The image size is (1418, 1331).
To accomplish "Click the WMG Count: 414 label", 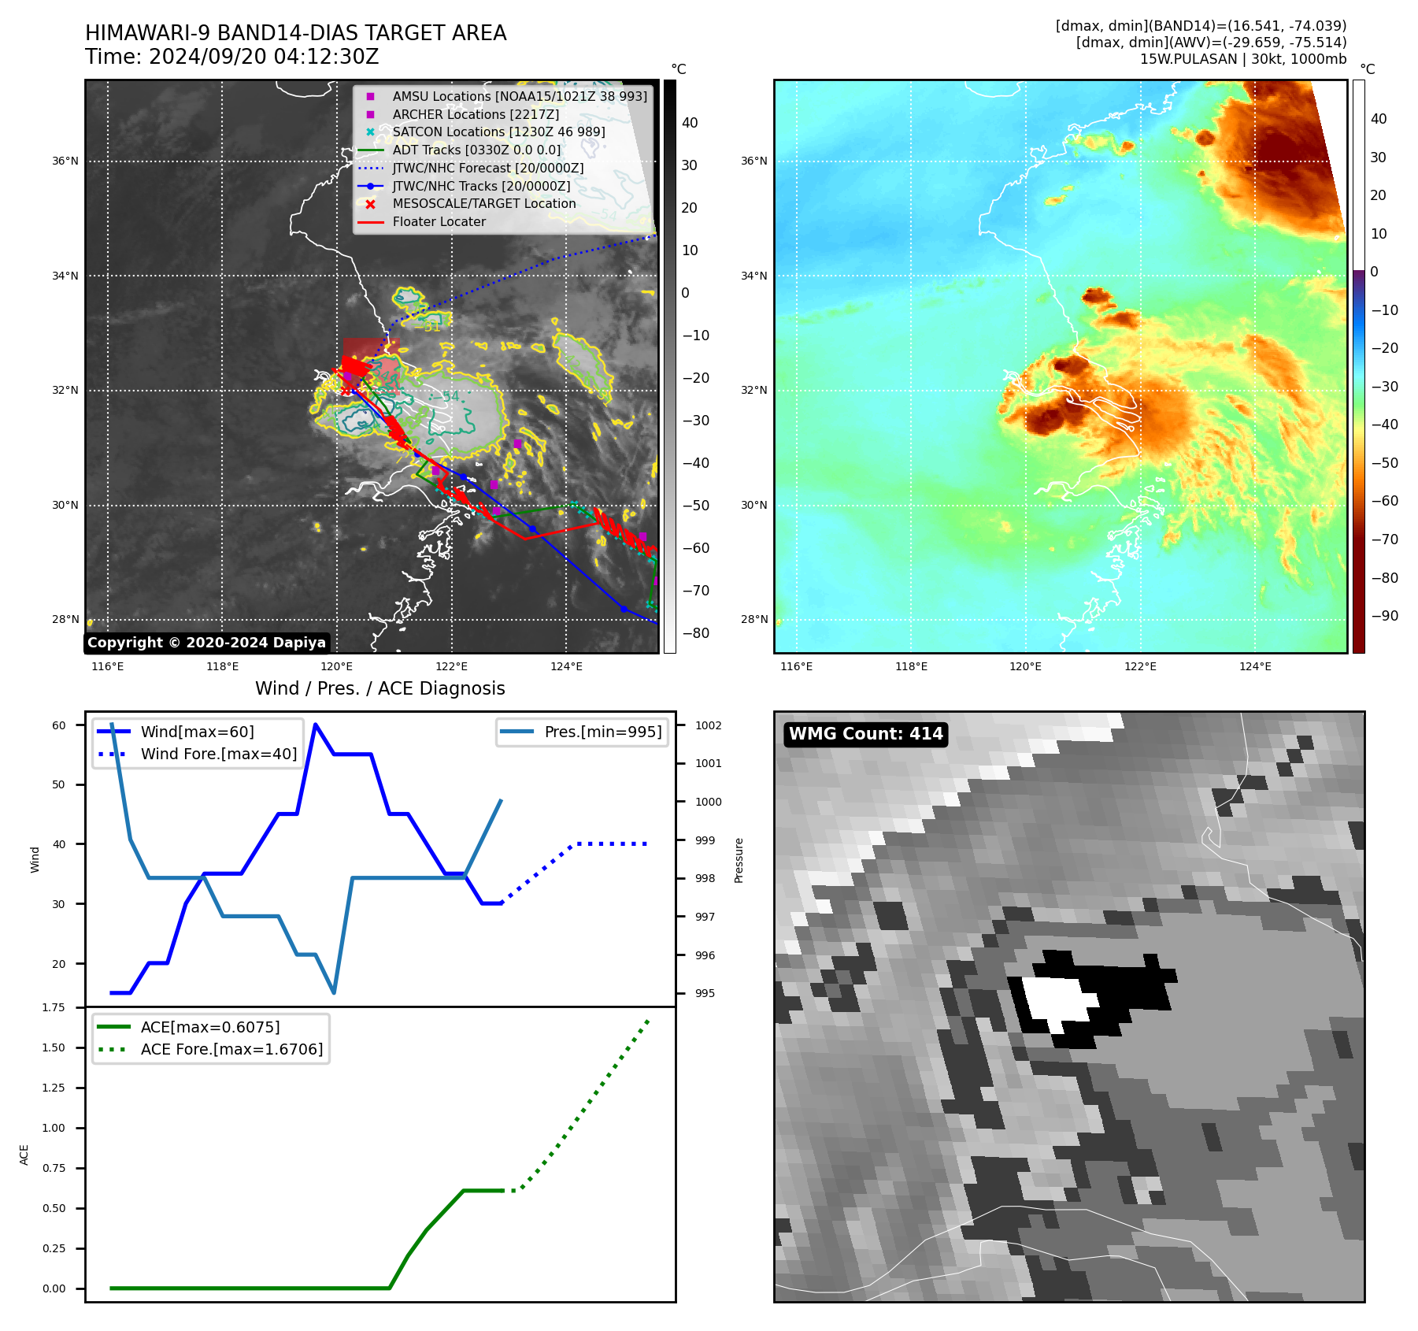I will coord(865,734).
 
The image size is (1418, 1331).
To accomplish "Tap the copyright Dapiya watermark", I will coord(206,643).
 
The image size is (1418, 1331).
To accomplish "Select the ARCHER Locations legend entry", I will coord(476,114).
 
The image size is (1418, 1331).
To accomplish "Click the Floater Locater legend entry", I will coord(439,222).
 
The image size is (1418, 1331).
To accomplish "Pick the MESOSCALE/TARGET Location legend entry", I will coord(483,204).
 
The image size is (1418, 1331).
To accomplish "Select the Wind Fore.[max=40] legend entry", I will coord(218,754).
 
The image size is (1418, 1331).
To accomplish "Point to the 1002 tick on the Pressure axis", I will coord(708,725).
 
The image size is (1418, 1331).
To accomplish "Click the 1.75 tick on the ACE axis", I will coord(54,1007).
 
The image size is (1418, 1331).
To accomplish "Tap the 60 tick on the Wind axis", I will coord(59,725).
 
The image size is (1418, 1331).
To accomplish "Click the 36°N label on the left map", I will coord(65,161).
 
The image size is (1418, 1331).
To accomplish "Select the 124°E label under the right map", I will coord(1255,667).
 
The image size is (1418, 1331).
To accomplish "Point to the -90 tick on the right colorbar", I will coord(1384,616).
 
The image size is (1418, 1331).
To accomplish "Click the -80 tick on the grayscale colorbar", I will coord(695,633).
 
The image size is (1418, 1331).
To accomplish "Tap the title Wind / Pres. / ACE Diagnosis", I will coord(379,689).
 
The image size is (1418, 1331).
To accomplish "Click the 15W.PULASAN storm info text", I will coord(1242,59).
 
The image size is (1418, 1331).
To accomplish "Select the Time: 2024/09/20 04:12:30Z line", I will coord(232,57).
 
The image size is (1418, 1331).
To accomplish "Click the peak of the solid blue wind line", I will coord(316,725).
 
